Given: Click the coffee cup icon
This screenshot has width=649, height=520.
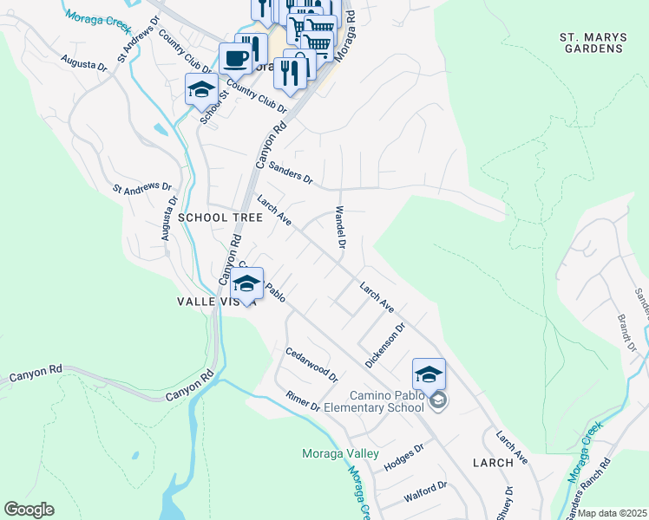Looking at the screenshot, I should coord(235,59).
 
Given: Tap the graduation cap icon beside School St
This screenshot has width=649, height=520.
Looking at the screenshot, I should coord(201,89).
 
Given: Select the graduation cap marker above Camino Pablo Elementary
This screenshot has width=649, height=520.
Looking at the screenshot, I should coord(429,374).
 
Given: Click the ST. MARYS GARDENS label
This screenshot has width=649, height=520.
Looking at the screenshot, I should coord(591,42).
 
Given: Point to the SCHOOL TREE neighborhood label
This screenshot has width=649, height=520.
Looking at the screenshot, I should coord(220,218).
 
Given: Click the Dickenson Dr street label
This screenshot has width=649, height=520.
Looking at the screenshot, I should coord(386,346).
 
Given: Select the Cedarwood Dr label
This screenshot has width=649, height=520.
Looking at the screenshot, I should coord(311,364).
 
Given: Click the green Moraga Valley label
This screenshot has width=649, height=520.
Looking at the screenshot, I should coord(340,453).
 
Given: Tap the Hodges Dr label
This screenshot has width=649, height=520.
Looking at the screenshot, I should coord(403,456).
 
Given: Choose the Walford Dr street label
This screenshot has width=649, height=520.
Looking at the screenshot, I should coord(425,492).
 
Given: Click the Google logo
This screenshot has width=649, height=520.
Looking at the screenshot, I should coord(29,510).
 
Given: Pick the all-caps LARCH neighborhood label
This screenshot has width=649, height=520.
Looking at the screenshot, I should coord(493,463).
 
